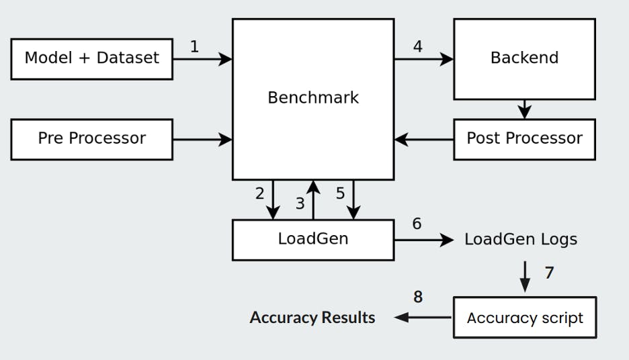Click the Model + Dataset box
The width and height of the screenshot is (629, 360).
91,58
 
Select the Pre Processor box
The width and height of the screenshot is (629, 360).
91,139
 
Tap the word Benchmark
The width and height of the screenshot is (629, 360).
312,97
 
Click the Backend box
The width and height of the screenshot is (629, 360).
524,58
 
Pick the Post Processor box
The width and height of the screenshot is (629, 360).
524,139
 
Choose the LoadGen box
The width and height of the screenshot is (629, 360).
312,239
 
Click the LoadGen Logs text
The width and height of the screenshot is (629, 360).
520,239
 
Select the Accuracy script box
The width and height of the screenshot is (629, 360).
524,318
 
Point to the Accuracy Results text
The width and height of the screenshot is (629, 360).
312,318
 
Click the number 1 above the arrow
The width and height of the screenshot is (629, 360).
194,47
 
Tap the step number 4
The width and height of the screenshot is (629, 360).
418,47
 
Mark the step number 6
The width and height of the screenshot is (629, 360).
417,224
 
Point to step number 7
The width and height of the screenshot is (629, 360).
549,273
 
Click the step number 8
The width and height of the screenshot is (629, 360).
418,297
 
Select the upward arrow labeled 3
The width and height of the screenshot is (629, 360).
313,200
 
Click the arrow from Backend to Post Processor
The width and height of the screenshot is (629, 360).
524,109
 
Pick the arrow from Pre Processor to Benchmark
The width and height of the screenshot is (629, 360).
202,140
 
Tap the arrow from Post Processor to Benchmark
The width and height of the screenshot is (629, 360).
423,140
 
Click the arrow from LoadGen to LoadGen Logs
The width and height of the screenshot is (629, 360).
423,240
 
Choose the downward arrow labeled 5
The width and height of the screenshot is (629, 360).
353,200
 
